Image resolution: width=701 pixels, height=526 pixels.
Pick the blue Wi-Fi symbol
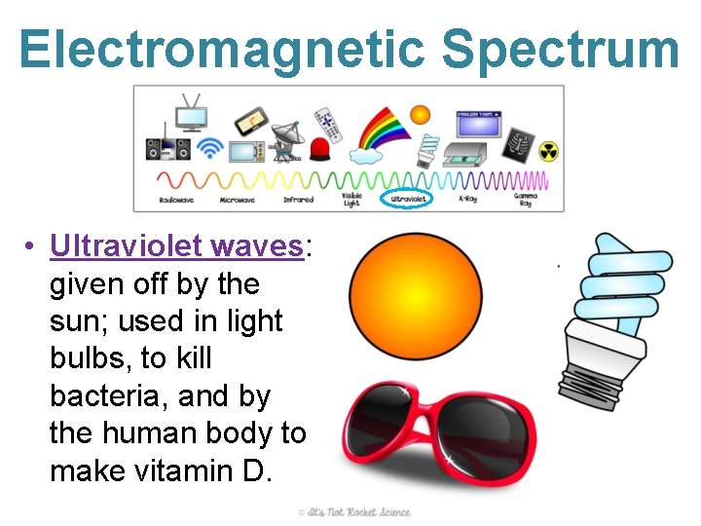pyautogui.click(x=209, y=148)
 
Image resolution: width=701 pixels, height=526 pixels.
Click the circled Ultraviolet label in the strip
pyautogui.click(x=410, y=200)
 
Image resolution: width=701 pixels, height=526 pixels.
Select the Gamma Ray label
pyautogui.click(x=526, y=200)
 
